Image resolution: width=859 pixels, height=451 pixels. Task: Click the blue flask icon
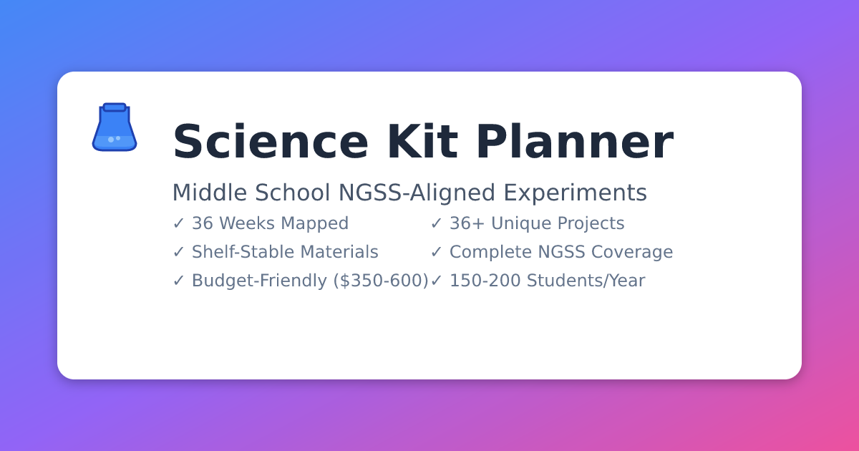point(115,127)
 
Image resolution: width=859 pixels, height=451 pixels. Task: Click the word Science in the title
point(271,142)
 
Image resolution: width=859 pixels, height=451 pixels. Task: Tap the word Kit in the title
point(422,141)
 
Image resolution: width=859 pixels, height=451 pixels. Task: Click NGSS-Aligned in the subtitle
point(417,193)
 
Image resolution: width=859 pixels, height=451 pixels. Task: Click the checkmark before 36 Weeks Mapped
point(178,223)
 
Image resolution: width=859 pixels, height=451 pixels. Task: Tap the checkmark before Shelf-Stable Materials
point(178,251)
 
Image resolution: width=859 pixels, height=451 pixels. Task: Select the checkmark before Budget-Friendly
point(178,281)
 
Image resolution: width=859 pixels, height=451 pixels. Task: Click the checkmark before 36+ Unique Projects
point(436,223)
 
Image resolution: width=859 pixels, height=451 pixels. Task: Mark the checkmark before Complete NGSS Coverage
point(436,251)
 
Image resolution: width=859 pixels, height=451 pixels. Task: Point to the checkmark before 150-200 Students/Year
point(436,281)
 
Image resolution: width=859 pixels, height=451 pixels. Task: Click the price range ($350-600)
point(381,281)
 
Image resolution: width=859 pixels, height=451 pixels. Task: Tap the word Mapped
point(315,224)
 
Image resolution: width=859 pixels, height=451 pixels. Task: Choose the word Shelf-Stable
point(243,252)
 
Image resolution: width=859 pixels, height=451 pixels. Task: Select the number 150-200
point(485,281)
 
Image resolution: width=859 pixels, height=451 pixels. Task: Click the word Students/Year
point(586,281)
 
